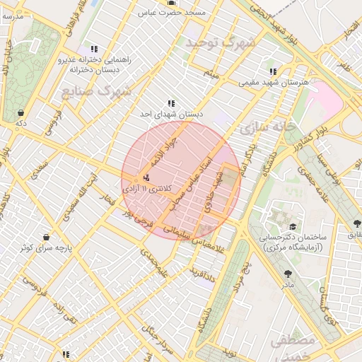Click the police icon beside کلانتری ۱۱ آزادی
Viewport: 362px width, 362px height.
tap(146, 178)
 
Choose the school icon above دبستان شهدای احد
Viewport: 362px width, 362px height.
tap(170, 104)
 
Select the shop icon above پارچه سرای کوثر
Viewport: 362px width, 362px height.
tap(47, 237)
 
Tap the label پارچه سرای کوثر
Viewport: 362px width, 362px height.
tap(45, 249)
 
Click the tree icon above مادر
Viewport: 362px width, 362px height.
tap(287, 274)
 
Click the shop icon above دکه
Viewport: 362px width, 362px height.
tap(21, 112)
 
